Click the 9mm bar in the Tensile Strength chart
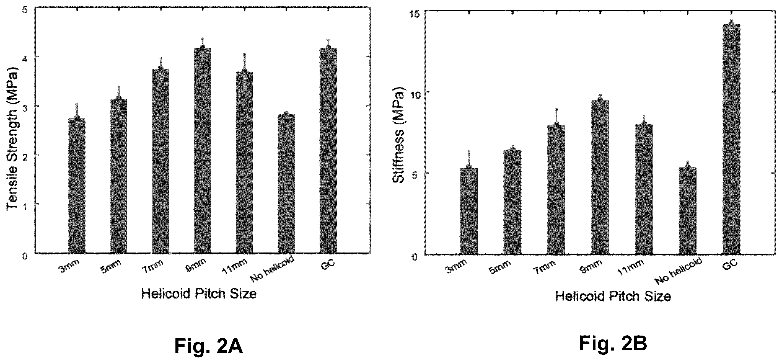click(x=203, y=150)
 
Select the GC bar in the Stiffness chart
click(x=732, y=139)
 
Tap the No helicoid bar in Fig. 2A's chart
click(x=286, y=184)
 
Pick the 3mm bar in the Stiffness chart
click(x=469, y=211)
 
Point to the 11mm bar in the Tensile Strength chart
click(x=245, y=162)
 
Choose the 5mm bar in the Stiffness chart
click(x=513, y=202)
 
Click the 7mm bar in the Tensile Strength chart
click(x=161, y=161)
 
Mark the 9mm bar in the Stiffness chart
click(x=600, y=177)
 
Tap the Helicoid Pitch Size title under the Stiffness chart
click(x=613, y=297)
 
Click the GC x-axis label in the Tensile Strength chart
click(x=328, y=263)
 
